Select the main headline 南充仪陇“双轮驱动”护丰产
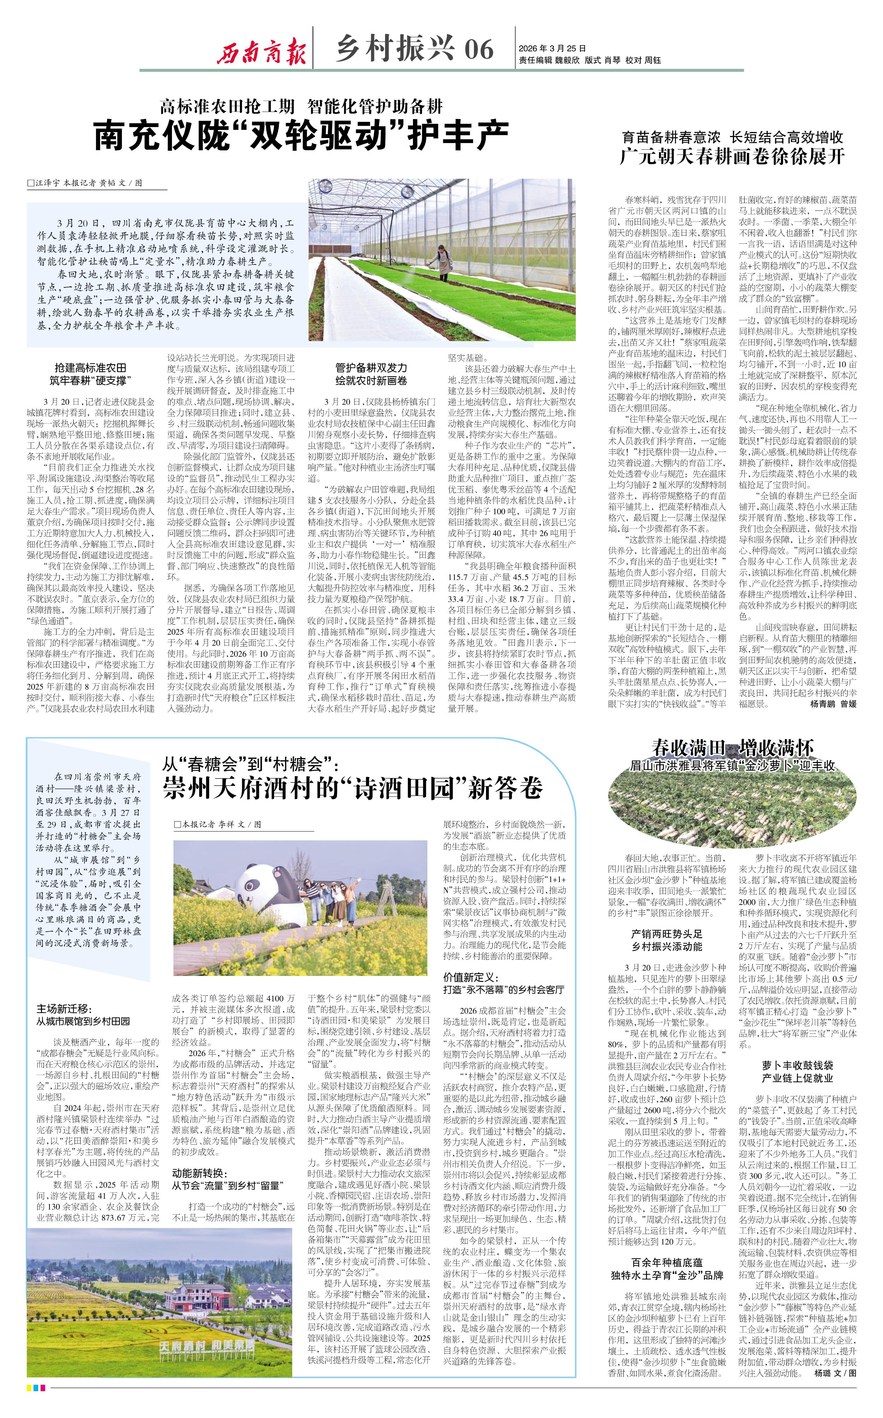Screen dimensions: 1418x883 coord(301,136)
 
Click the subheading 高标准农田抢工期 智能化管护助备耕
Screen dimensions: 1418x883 coord(301,106)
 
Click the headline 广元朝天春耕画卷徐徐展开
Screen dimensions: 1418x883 coord(732,156)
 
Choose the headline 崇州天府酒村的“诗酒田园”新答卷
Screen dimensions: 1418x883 coord(353,788)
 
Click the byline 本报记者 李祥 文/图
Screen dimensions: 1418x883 coord(218,824)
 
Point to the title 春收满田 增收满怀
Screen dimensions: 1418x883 coord(732,747)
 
